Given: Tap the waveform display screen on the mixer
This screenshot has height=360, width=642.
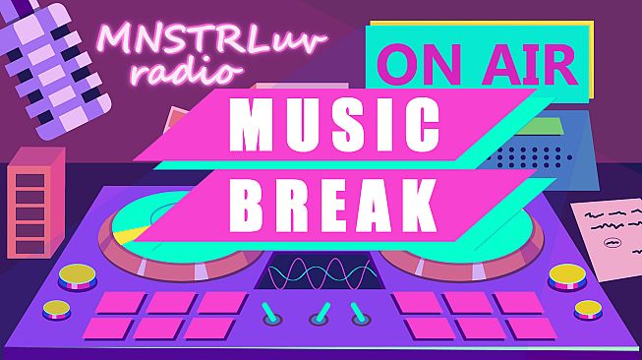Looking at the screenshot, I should point(321,270).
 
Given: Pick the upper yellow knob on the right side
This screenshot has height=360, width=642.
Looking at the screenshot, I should point(567,275).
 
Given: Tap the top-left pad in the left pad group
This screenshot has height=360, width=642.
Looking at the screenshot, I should point(121,302).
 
